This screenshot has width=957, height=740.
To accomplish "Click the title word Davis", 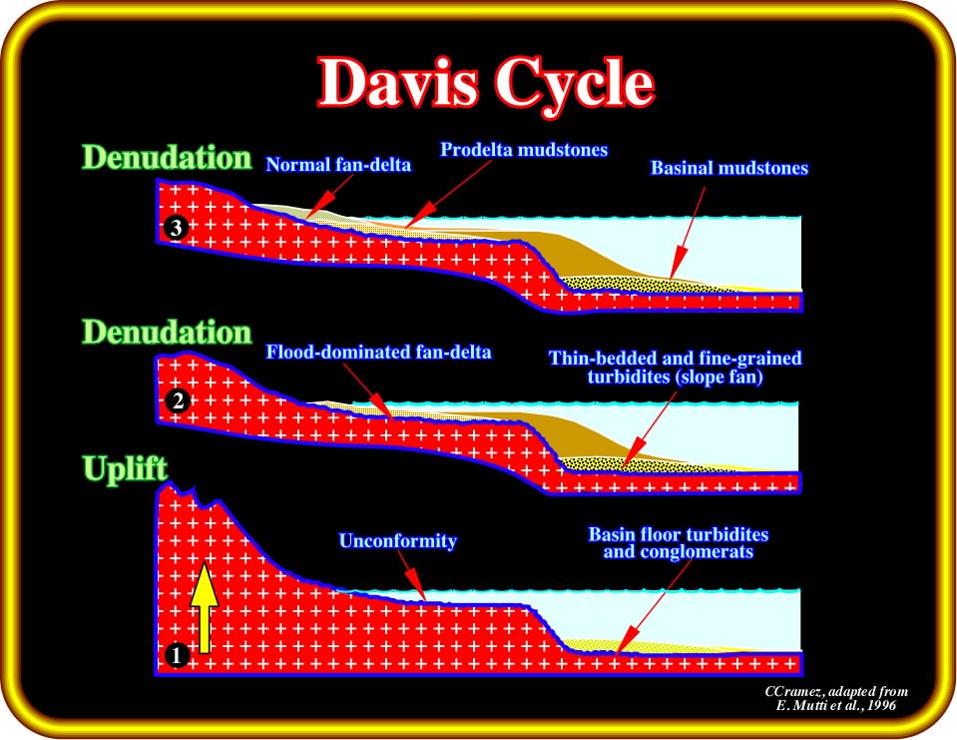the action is click(397, 83).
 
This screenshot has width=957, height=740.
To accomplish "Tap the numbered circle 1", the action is click(177, 655).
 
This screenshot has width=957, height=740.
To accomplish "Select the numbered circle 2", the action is click(178, 401).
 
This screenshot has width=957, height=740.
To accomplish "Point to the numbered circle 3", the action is click(177, 228).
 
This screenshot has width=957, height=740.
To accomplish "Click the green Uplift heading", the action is click(125, 470).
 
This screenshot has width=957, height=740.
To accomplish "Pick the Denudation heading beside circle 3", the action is click(167, 158).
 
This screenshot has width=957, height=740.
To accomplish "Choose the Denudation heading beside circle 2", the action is click(167, 333).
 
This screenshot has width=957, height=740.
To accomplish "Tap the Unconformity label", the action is click(398, 541).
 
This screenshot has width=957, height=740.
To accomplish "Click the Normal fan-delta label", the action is click(338, 165).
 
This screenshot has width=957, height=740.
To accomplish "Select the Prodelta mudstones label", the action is click(524, 150).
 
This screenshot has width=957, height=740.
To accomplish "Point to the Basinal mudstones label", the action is click(729, 168).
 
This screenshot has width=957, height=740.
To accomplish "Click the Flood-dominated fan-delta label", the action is click(378, 353).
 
